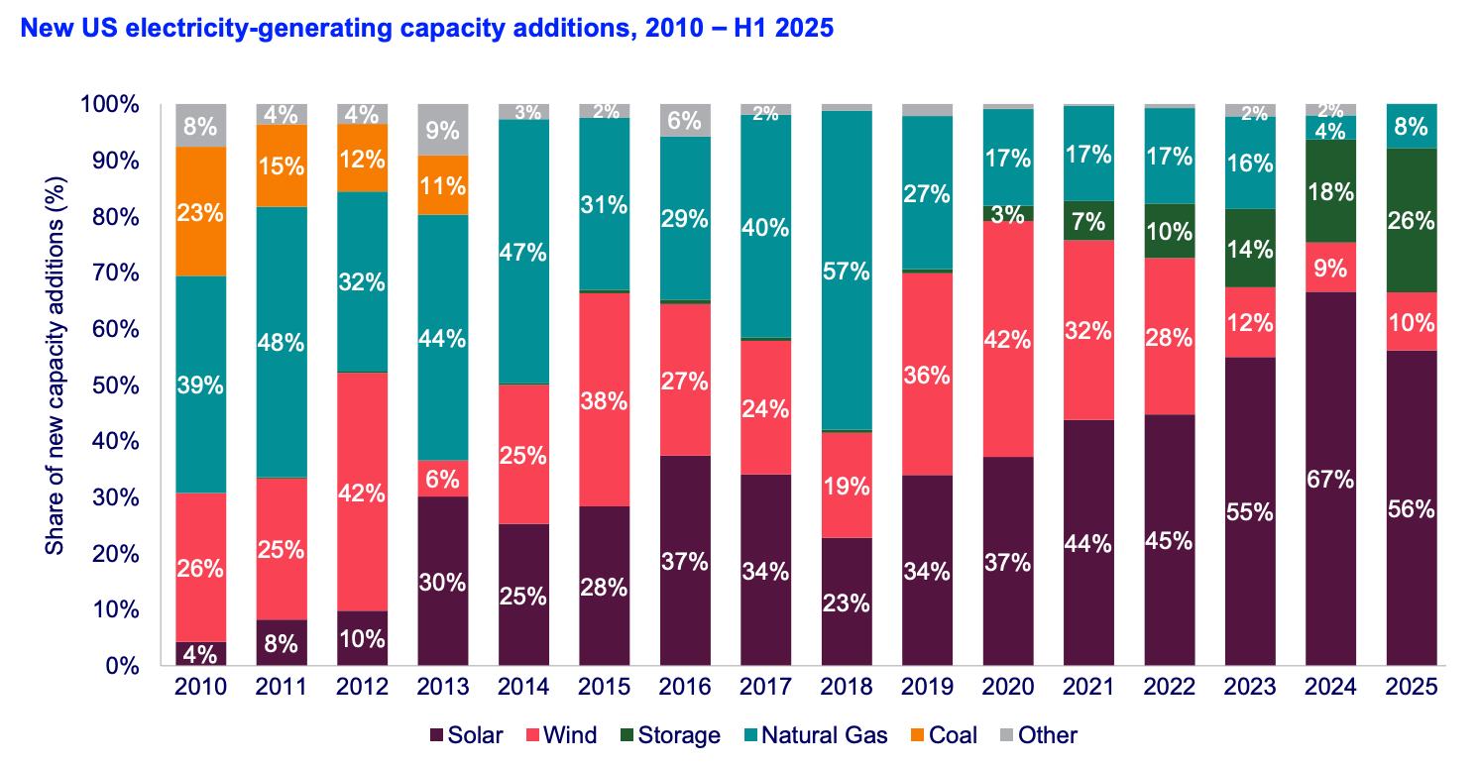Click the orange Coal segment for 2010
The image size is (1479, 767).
[200, 211]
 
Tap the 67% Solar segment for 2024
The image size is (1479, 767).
[1330, 479]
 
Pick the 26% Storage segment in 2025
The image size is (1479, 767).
[1411, 220]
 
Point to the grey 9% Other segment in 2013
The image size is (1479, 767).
[442, 129]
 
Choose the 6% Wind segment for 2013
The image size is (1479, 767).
[442, 479]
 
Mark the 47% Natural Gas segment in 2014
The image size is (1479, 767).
[523, 252]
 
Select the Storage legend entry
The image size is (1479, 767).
[669, 735]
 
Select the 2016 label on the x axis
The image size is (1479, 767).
[684, 687]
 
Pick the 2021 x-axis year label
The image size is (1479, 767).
[1087, 687]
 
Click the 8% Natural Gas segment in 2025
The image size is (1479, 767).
[1411, 127]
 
